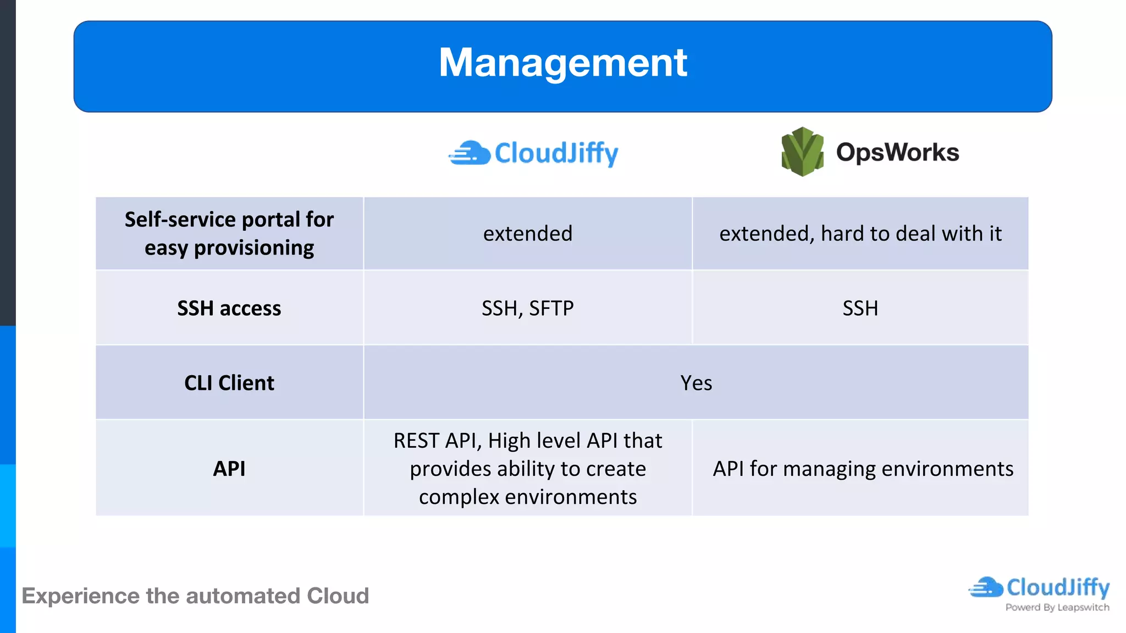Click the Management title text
pyautogui.click(x=562, y=63)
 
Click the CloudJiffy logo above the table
pyautogui.click(x=534, y=153)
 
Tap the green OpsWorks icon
pyautogui.click(x=802, y=152)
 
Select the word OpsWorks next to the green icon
pyautogui.click(x=897, y=152)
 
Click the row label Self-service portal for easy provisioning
pyautogui.click(x=229, y=234)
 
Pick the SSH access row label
pyautogui.click(x=229, y=308)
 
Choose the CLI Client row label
pyautogui.click(x=229, y=383)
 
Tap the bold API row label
pyautogui.click(x=229, y=469)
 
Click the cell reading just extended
pyautogui.click(x=528, y=234)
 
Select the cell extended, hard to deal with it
pyautogui.click(x=860, y=234)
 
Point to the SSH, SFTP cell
pyautogui.click(x=528, y=308)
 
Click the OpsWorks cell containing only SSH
pyautogui.click(x=860, y=308)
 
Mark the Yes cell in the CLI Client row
pyautogui.click(x=696, y=383)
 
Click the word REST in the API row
pyautogui.click(x=416, y=441)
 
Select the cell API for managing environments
pyautogui.click(x=863, y=469)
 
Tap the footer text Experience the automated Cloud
pyautogui.click(x=195, y=596)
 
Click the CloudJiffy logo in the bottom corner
pyautogui.click(x=1039, y=588)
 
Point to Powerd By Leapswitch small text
pyautogui.click(x=1057, y=608)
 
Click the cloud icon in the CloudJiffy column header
pyautogui.click(x=469, y=153)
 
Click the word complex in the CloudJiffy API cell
pyautogui.click(x=459, y=497)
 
